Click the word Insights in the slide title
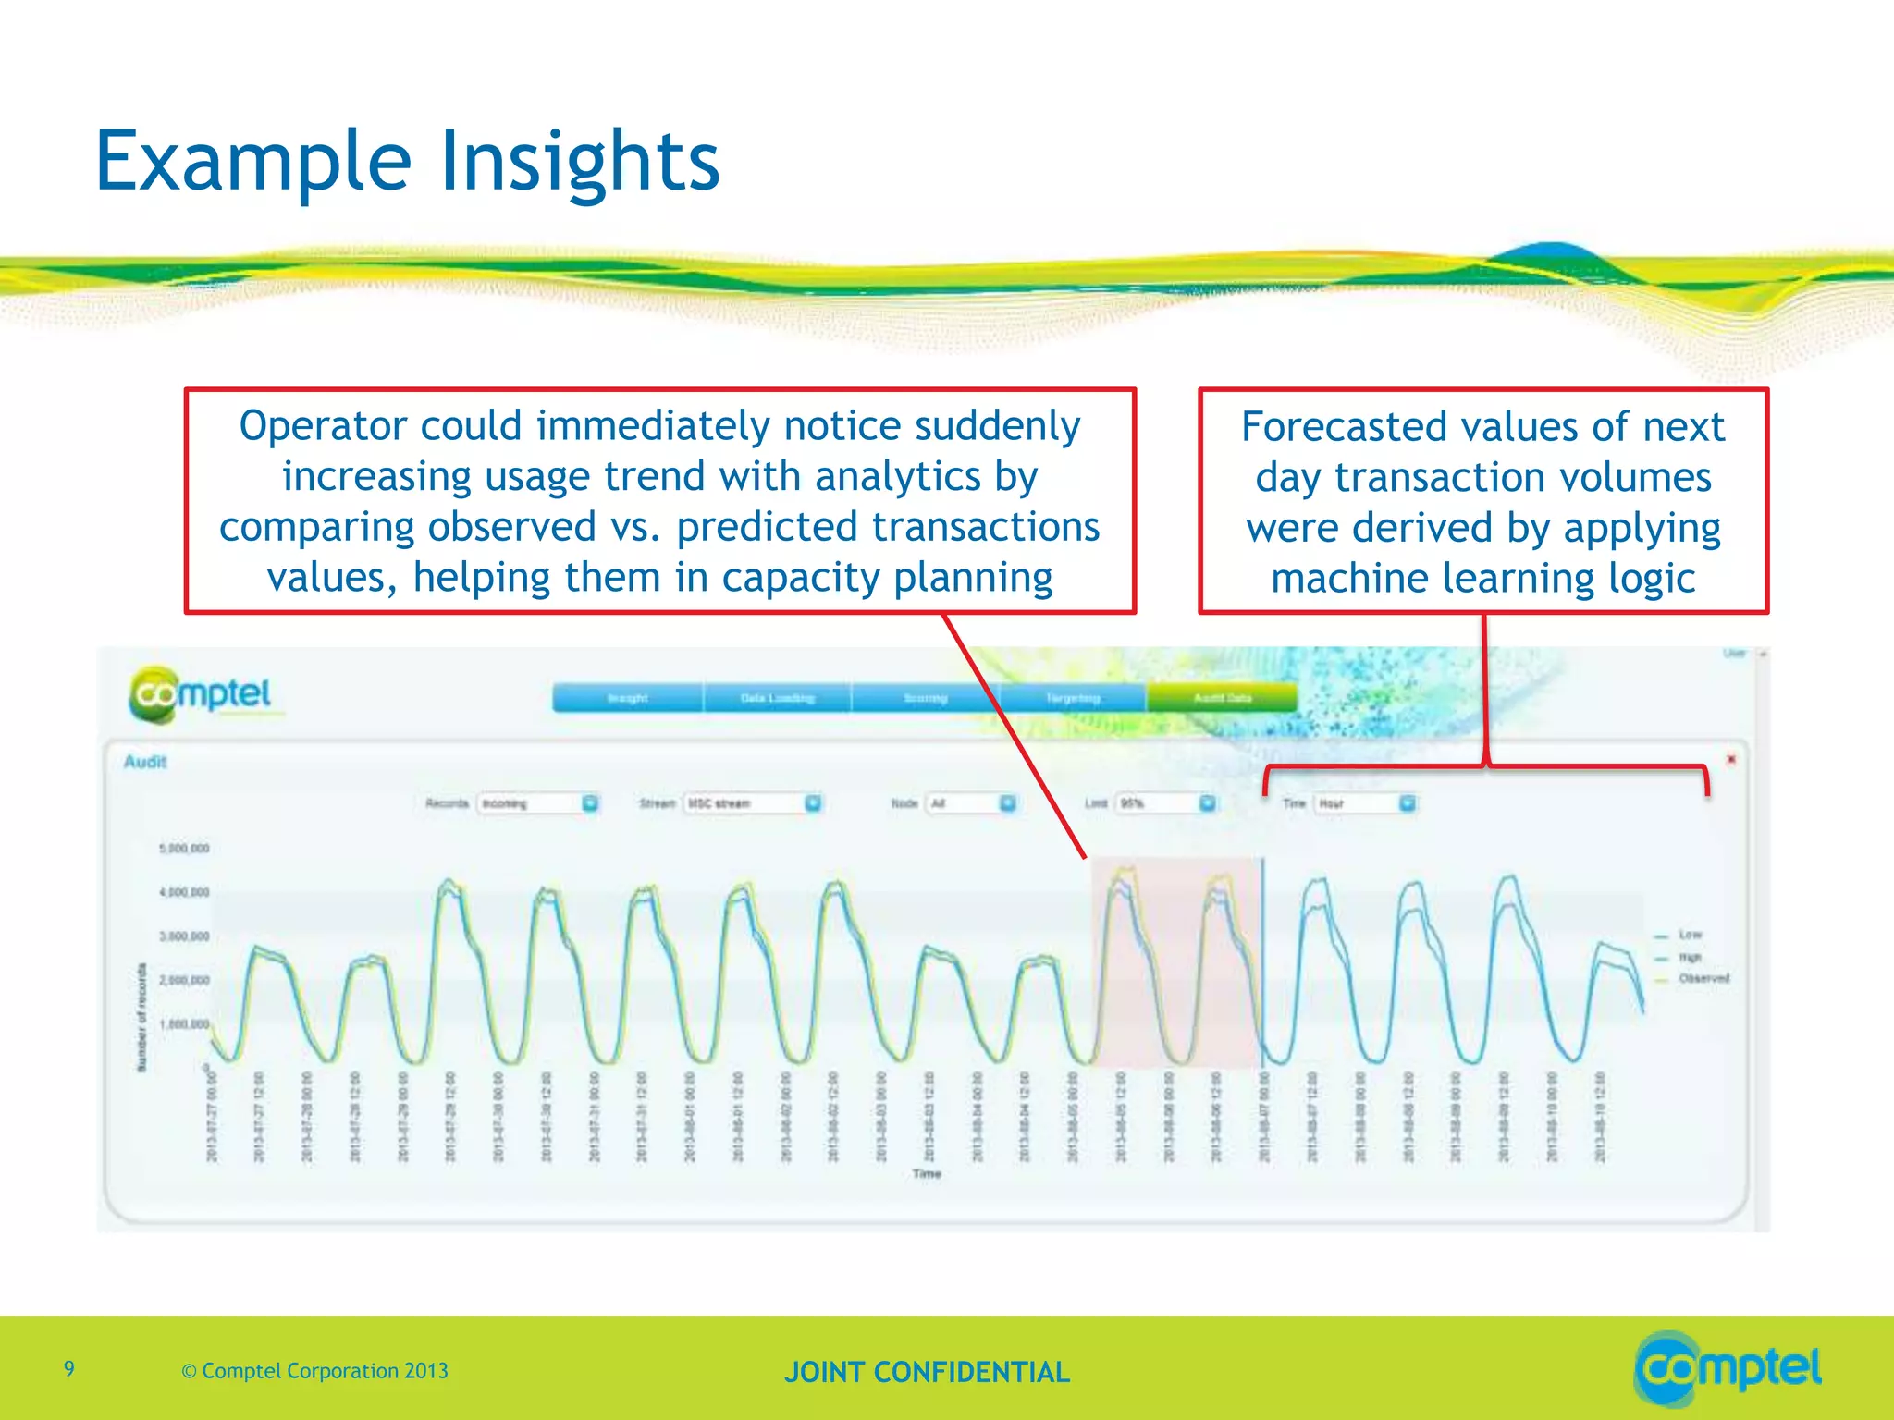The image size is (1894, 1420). pos(579,162)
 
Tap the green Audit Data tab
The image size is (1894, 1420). pos(1222,698)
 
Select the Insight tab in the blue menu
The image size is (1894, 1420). pos(627,698)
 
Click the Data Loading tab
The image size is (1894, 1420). pos(777,698)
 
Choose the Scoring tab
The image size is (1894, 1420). pos(925,698)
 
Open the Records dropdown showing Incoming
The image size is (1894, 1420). pos(537,803)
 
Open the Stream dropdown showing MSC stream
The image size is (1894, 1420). pos(751,803)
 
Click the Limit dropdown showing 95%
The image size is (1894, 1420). pos(1164,803)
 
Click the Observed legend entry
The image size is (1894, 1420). pos(1703,978)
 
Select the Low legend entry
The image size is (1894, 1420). pos(1690,935)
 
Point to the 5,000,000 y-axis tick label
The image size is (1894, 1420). pos(185,848)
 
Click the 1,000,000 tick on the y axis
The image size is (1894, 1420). pos(185,1023)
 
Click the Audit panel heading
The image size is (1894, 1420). pos(145,762)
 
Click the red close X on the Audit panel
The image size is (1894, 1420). pos(1731,759)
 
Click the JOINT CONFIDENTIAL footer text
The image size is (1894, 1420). pos(927,1372)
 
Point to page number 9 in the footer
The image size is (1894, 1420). pos(69,1368)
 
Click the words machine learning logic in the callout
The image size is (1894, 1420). pos(1482,579)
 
